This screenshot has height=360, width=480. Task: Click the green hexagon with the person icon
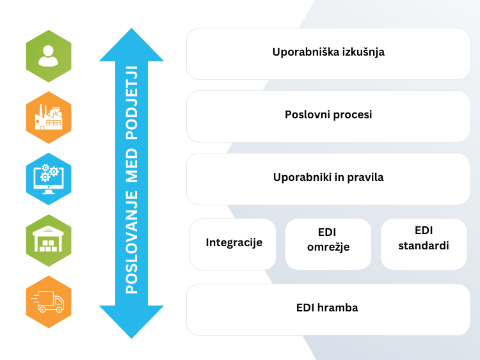[49, 56]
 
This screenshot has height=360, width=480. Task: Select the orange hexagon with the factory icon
[49, 117]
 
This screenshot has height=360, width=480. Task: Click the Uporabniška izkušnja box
[328, 53]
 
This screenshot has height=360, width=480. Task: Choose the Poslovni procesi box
[328, 116]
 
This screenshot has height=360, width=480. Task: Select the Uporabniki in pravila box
[328, 178]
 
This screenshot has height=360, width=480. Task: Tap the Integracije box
[233, 244]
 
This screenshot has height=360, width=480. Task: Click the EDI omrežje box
[328, 244]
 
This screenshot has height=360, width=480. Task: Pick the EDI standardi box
[424, 244]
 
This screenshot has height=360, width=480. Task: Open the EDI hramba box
[328, 309]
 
